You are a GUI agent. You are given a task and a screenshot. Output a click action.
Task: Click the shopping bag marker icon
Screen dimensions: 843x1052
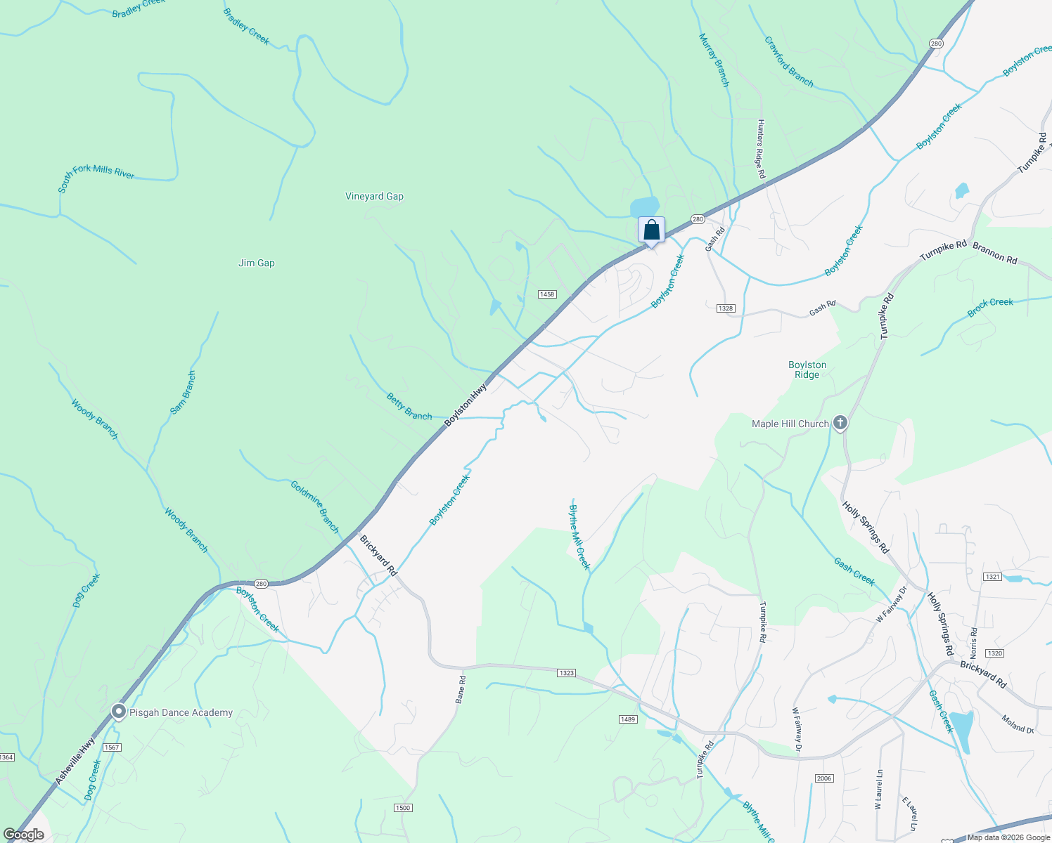click(x=651, y=230)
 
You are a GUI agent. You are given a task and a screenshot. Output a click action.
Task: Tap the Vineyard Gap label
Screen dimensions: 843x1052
click(x=374, y=197)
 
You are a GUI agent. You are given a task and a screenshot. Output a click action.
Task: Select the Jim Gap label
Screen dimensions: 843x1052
click(x=257, y=263)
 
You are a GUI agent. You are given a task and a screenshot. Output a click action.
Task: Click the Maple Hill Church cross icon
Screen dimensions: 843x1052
click(x=840, y=423)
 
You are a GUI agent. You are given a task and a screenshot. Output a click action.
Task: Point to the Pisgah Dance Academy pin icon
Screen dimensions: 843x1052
click(x=119, y=712)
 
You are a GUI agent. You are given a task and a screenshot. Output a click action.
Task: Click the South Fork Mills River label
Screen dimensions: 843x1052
click(x=96, y=177)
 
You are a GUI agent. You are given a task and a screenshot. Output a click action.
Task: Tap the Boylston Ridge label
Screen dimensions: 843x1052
click(x=807, y=370)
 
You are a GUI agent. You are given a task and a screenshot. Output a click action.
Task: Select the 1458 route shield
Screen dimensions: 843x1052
click(x=547, y=294)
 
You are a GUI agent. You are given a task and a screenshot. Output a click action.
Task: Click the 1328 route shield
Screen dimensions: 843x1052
click(x=726, y=308)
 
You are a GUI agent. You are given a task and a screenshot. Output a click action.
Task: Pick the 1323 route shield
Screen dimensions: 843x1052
click(x=567, y=673)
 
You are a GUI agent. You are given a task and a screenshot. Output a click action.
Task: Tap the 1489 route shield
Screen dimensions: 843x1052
click(x=628, y=719)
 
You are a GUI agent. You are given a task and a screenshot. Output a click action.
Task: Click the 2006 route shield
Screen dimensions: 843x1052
click(x=824, y=778)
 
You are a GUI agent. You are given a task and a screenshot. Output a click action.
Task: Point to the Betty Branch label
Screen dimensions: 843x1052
click(x=409, y=407)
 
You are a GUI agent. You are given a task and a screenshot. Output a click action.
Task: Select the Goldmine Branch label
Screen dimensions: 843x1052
click(x=316, y=506)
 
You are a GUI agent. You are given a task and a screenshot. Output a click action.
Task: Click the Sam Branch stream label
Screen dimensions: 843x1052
click(x=184, y=392)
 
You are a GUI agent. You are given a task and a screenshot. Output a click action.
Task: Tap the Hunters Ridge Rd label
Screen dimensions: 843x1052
click(x=761, y=148)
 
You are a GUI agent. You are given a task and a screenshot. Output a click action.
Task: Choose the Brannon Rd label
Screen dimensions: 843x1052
click(x=994, y=253)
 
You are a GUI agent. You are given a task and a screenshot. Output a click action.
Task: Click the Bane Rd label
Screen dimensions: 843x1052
click(x=461, y=689)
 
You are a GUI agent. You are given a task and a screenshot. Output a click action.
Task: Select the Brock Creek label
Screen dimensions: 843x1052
click(x=990, y=307)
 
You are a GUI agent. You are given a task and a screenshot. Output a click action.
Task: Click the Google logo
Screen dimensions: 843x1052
click(x=24, y=835)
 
